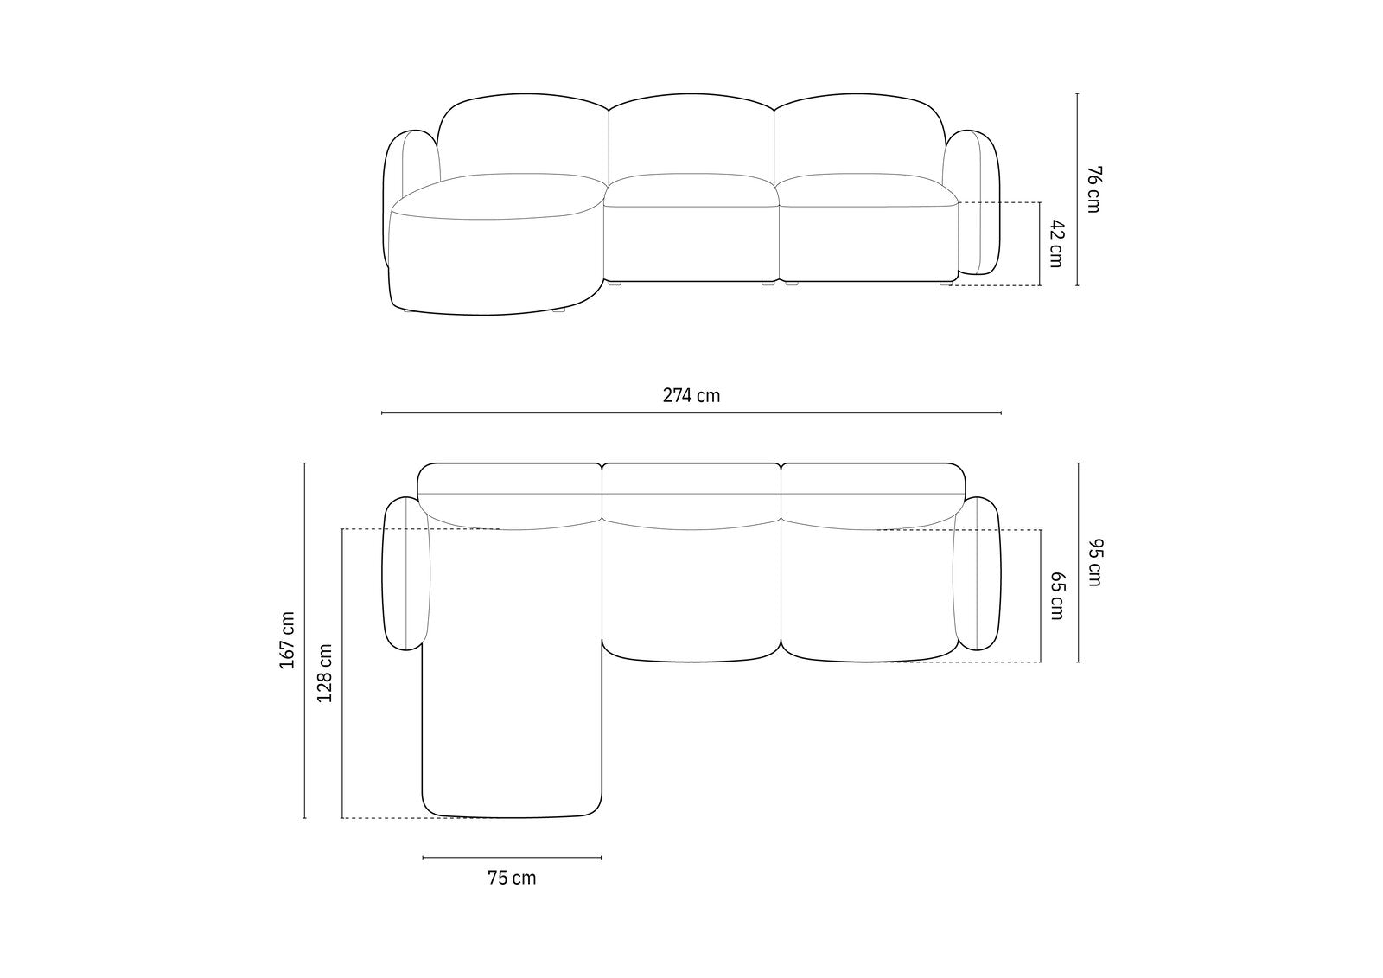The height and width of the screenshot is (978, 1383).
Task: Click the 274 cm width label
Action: (691, 395)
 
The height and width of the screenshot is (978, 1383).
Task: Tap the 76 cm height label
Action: (1093, 189)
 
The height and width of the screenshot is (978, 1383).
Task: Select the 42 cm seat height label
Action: (1056, 243)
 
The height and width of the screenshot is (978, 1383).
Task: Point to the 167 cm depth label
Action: (287, 640)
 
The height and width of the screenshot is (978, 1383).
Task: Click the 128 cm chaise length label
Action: (325, 673)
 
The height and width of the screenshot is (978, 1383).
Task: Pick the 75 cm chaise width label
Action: (512, 878)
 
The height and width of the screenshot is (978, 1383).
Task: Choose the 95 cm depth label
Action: (1094, 562)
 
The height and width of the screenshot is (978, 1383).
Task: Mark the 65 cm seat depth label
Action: (1057, 596)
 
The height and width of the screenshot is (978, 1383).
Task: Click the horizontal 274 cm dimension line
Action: (691, 412)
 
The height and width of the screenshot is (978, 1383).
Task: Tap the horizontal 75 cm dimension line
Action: (512, 858)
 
